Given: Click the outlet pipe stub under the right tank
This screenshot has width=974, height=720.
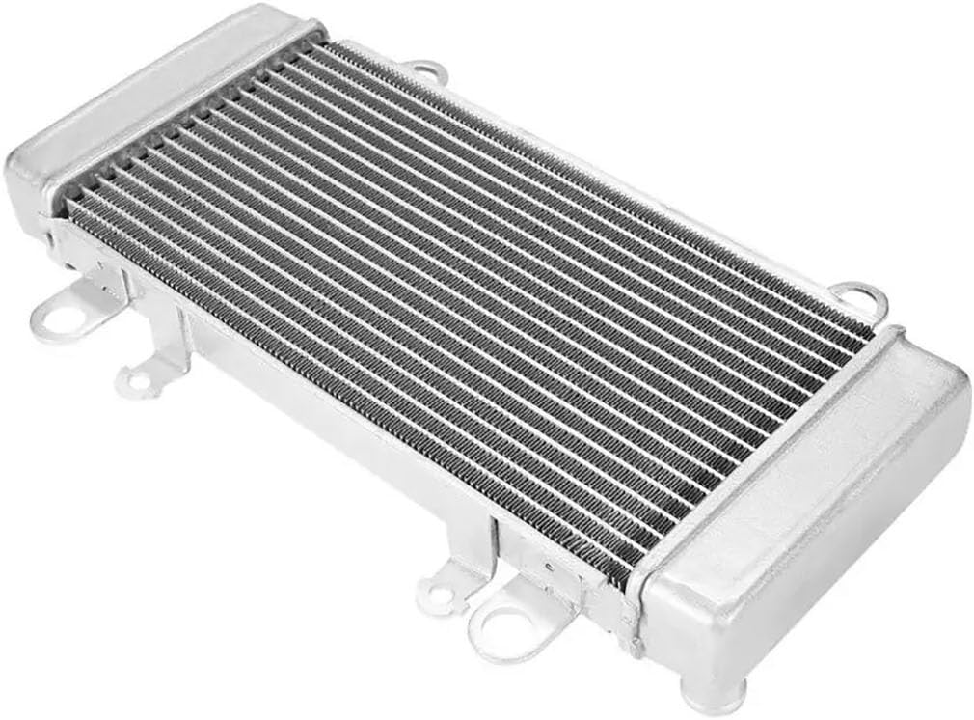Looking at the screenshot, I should [714, 692].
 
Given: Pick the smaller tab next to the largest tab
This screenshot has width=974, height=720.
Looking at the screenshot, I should [441, 588].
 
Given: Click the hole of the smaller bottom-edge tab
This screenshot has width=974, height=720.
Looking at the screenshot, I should [439, 595].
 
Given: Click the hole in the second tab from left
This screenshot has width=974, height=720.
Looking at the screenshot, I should [138, 381].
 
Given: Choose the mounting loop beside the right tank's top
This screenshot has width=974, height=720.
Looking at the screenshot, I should [860, 298].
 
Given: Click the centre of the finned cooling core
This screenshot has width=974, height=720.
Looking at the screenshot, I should [463, 299].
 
